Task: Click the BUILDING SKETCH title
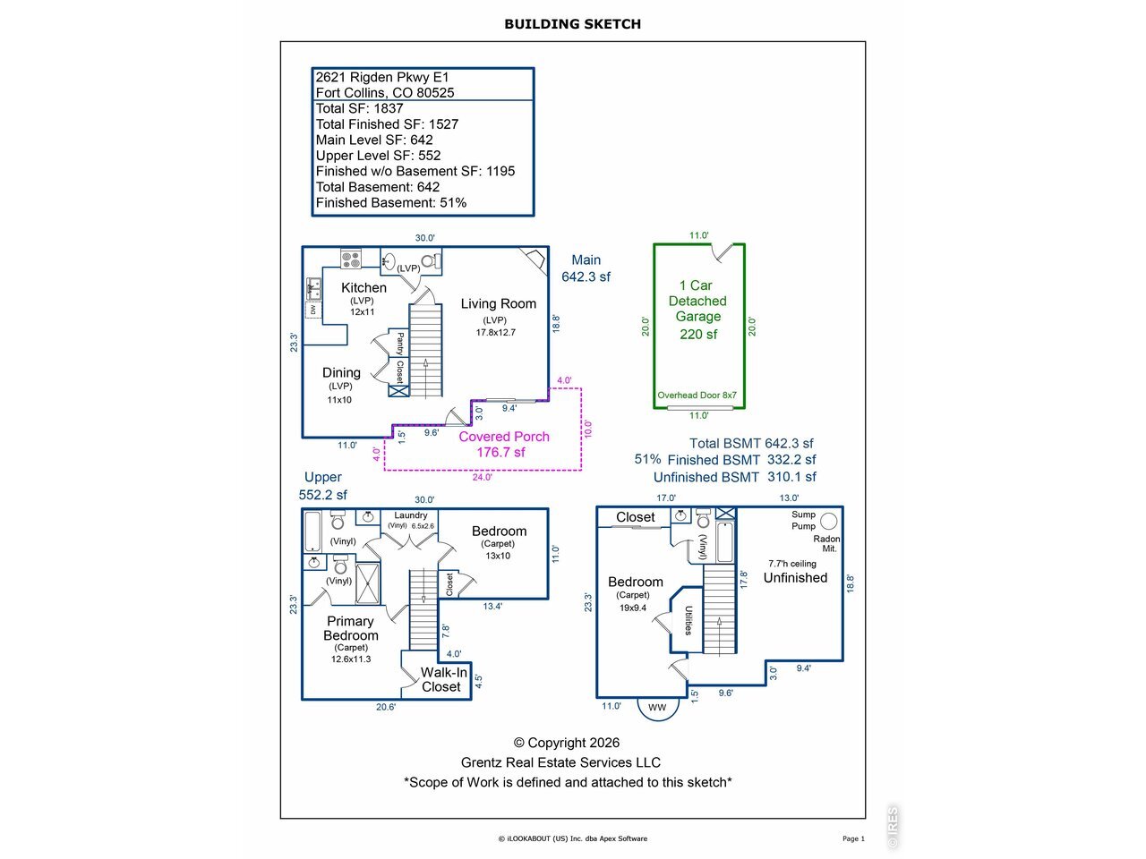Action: click(572, 24)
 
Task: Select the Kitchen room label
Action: click(363, 287)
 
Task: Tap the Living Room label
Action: click(498, 303)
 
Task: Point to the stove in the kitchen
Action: click(351, 259)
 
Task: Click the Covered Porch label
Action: click(504, 437)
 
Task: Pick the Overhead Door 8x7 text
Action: click(697, 395)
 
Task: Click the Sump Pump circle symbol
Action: click(828, 521)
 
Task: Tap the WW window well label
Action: click(657, 707)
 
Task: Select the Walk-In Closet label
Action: click(443, 679)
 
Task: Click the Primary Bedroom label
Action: click(350, 628)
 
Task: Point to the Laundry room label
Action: click(410, 515)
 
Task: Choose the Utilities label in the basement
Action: click(688, 620)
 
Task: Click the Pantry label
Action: click(400, 344)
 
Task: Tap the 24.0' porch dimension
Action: click(482, 477)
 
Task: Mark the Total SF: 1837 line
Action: click(360, 108)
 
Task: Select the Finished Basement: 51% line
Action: click(391, 202)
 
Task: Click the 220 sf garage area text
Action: click(698, 334)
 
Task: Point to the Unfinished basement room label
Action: click(795, 577)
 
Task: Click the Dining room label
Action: click(341, 372)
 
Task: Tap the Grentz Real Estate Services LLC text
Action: click(560, 762)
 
